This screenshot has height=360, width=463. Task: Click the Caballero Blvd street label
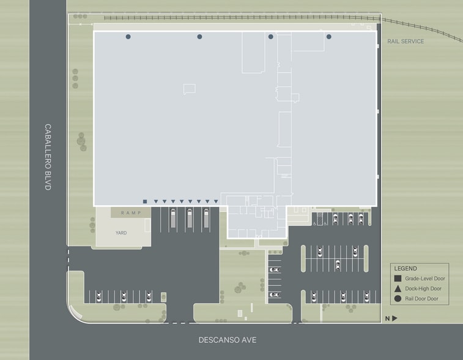[x=48, y=157]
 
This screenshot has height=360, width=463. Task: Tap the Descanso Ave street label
[x=228, y=340]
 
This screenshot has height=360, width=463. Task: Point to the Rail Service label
[x=406, y=42]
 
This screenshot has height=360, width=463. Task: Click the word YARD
[x=121, y=233]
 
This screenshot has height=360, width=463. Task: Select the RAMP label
[x=131, y=213]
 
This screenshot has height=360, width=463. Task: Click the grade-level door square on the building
[x=145, y=201]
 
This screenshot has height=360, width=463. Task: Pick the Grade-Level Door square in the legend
[x=398, y=279]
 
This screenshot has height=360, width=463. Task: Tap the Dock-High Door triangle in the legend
[x=398, y=289]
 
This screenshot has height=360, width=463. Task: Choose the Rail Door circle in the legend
[x=398, y=299]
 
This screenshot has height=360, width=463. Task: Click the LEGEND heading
[x=406, y=268]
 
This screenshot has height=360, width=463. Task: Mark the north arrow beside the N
[x=394, y=318]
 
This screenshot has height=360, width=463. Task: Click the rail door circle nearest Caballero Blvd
[x=128, y=37]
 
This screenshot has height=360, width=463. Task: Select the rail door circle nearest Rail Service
[x=329, y=37]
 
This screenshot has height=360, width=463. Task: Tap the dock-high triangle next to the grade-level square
[x=156, y=201]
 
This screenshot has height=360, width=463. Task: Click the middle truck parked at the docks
[x=190, y=218]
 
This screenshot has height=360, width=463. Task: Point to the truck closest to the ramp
[x=173, y=218]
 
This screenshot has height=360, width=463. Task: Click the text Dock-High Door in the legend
[x=423, y=288]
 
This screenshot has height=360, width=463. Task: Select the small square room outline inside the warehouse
[x=189, y=89]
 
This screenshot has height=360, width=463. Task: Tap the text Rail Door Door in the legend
[x=421, y=299]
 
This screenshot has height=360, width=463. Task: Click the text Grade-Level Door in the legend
[x=425, y=279]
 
